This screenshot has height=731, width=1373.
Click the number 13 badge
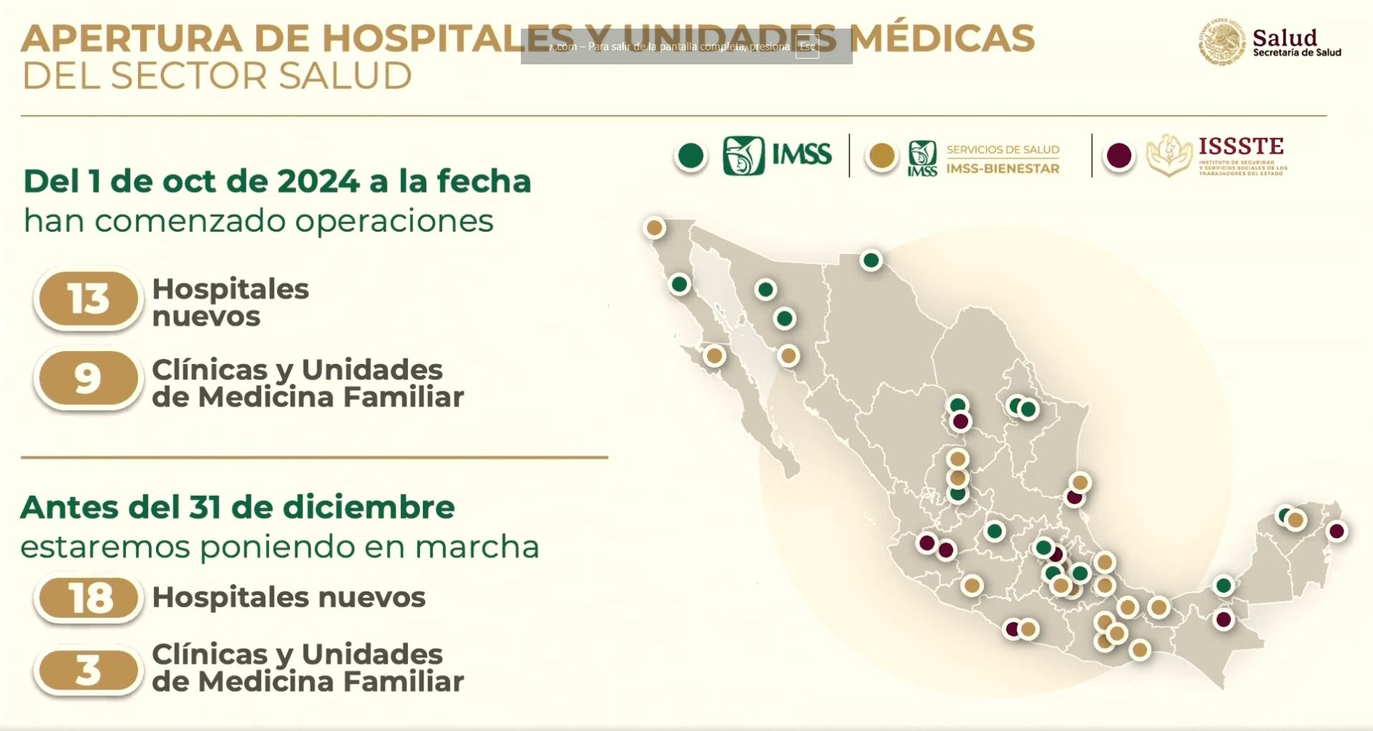pos(88,299)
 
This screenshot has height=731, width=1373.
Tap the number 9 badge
pos(88,378)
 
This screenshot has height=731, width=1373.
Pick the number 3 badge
pos(88,671)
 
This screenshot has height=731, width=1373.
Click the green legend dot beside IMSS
pos(691,156)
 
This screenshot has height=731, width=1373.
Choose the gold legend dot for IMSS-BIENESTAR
pos(881,156)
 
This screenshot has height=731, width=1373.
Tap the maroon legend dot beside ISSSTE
pos(1119,156)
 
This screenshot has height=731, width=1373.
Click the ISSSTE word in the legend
pos(1241,147)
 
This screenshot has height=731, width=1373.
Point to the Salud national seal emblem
pos(1222,42)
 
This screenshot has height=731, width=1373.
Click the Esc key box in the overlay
pos(807,46)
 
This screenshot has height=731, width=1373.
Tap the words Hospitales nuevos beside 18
pos(288,597)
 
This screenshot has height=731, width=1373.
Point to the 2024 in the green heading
pos(318,182)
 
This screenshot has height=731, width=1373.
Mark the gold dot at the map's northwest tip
pos(654,227)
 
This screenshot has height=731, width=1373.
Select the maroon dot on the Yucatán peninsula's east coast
pos(1337,531)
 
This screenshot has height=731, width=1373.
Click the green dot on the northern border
pos(871,260)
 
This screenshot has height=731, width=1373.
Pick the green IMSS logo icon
pos(743,155)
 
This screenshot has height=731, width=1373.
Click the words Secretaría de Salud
pos(1296,52)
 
